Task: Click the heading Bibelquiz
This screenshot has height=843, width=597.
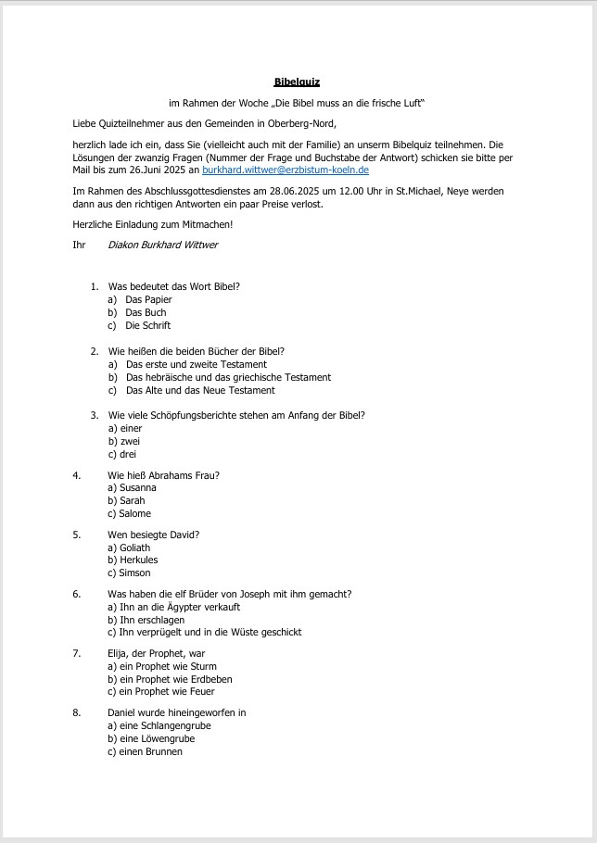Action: click(x=297, y=82)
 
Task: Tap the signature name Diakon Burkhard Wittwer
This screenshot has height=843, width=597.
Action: click(x=163, y=245)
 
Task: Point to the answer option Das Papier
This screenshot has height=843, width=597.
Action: click(x=148, y=299)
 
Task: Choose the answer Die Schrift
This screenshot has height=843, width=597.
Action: click(x=148, y=325)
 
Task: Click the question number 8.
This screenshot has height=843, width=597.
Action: click(x=76, y=712)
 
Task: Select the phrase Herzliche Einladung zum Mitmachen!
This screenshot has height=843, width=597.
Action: click(x=146, y=224)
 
